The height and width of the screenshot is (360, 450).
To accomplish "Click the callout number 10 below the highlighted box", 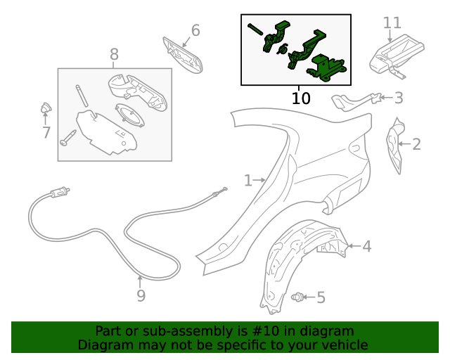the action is [301, 98].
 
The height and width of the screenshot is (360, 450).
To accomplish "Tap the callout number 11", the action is [392, 22].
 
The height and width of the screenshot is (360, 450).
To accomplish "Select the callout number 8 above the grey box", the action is [114, 54].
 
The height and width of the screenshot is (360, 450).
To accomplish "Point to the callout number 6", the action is [195, 30].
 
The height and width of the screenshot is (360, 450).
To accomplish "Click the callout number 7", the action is [46, 133].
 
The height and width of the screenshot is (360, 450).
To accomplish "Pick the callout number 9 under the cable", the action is [141, 295].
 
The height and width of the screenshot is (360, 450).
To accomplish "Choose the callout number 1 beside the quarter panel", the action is [248, 181].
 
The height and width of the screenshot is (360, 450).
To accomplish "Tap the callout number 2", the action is [416, 144].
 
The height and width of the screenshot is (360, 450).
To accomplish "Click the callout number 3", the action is [399, 98].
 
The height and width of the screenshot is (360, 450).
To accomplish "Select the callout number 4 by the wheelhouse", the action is [367, 246].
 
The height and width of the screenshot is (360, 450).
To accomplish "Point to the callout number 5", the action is [321, 297].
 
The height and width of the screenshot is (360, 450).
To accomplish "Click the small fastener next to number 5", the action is [297, 297].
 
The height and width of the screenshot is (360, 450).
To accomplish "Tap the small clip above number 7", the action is [46, 108].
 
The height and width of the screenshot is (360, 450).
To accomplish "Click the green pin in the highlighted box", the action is [255, 30].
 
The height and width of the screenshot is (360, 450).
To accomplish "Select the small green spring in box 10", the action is [283, 49].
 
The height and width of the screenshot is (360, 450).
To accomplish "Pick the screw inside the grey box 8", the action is [67, 138].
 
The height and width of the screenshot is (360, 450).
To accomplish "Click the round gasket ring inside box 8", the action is [129, 115].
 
